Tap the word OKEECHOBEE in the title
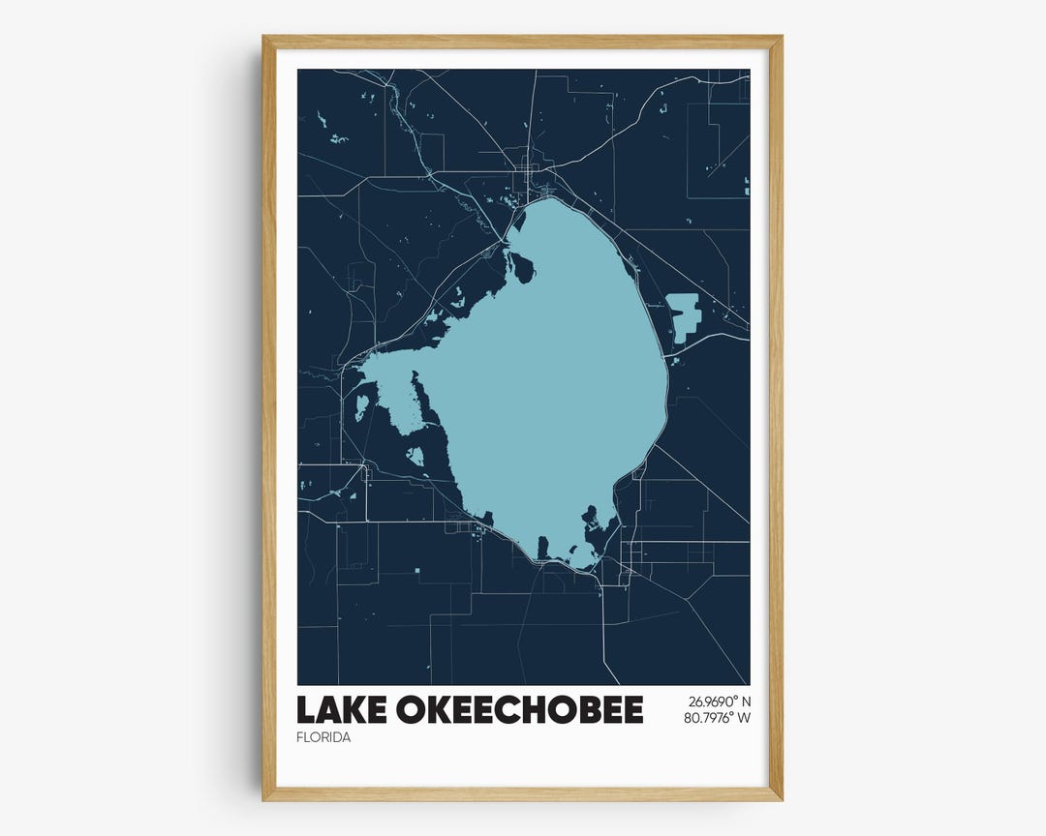pyautogui.click(x=519, y=710)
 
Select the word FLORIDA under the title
pyautogui.click(x=323, y=737)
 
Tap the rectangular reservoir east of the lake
pyautogui.click(x=684, y=316)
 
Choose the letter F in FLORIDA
pyautogui.click(x=301, y=737)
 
